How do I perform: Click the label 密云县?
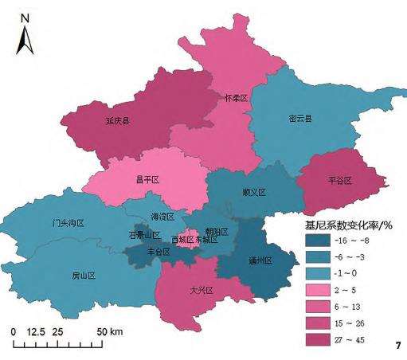coord(300,119)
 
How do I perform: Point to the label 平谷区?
coord(340,181)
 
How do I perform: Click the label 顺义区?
coord(253,193)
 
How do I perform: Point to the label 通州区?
coord(260,260)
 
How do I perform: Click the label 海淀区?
coord(162,217)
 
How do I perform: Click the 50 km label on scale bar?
coord(110,331)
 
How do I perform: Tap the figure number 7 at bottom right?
coord(397,345)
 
